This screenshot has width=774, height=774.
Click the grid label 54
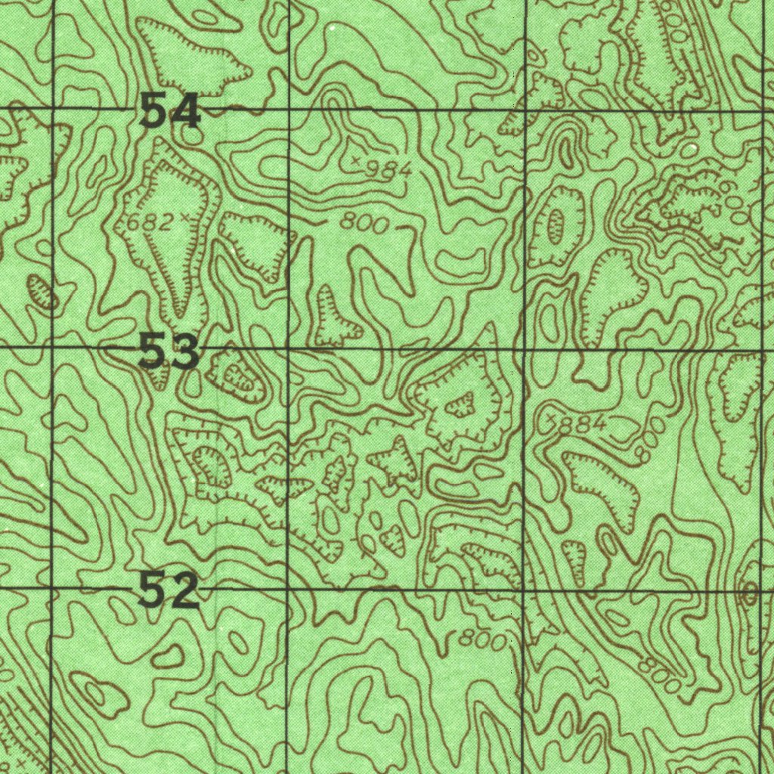pyautogui.click(x=171, y=113)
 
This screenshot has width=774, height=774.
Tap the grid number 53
pyautogui.click(x=169, y=353)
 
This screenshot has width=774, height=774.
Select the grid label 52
pyautogui.click(x=169, y=590)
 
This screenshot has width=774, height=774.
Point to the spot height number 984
pyautogui.click(x=388, y=171)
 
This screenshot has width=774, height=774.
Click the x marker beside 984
pyautogui.click(x=356, y=159)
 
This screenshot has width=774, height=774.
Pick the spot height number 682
pyautogui.click(x=149, y=222)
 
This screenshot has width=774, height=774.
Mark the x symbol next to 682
pyautogui.click(x=184, y=218)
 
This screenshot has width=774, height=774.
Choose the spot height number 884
pyautogui.click(x=581, y=425)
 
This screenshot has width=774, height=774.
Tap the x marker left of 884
pyautogui.click(x=550, y=417)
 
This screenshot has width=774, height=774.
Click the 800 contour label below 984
pyautogui.click(x=364, y=223)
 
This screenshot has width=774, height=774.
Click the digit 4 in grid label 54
pyautogui.click(x=186, y=113)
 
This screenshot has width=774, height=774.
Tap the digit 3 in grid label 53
pyautogui.click(x=185, y=353)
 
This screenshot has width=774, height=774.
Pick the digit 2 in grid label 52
pyautogui.click(x=184, y=591)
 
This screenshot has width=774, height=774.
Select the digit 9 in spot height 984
pyautogui.click(x=373, y=169)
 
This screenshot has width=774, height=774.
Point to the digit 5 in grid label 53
pyautogui.click(x=153, y=353)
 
